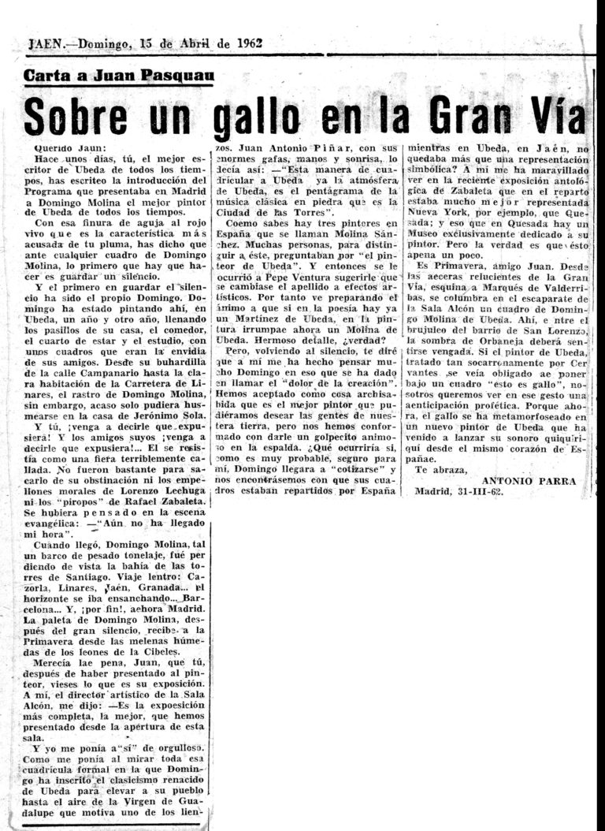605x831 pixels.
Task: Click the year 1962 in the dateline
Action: click(247, 44)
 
